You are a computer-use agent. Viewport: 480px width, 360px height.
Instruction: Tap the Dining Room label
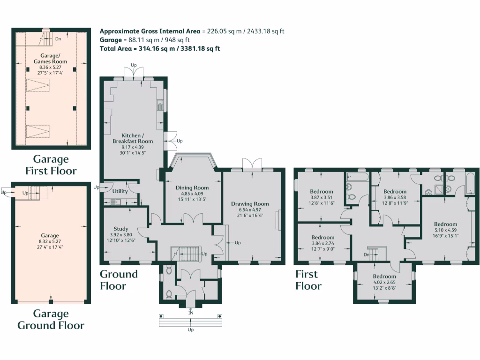point(192,188)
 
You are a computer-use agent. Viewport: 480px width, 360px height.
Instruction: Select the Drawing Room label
point(250,204)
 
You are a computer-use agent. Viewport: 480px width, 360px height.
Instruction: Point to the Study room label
point(120,229)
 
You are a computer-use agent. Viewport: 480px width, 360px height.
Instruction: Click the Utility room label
point(120,191)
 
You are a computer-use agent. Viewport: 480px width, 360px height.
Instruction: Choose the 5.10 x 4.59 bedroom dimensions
point(445,230)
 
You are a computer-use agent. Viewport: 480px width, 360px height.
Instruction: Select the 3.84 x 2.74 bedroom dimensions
point(323,243)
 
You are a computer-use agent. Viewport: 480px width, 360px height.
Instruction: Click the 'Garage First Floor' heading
point(50,165)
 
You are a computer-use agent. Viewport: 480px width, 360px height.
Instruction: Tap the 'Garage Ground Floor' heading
point(51,319)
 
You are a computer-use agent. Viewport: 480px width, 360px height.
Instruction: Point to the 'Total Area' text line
point(160,48)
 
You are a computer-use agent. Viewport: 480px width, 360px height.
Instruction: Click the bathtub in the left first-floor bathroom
point(357,177)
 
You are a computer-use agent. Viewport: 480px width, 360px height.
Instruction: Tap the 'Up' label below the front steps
point(190,330)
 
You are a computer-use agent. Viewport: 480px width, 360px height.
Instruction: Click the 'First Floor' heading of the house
point(308,280)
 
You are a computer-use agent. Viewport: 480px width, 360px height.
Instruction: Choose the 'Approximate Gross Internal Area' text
point(150,31)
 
